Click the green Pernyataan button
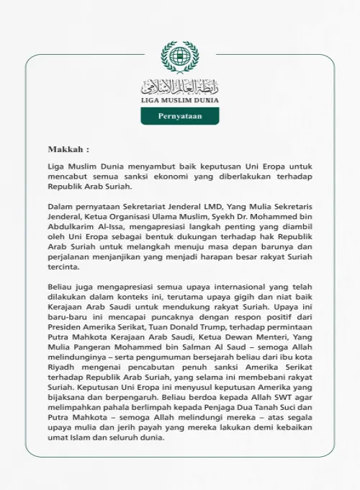[180, 115]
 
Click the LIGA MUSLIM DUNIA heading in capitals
[180, 101]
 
